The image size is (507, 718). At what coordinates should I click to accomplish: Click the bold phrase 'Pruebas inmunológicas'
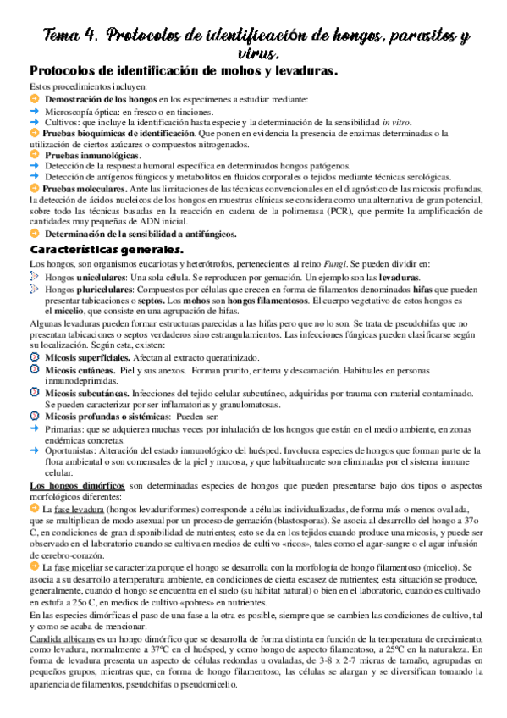click(92, 157)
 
